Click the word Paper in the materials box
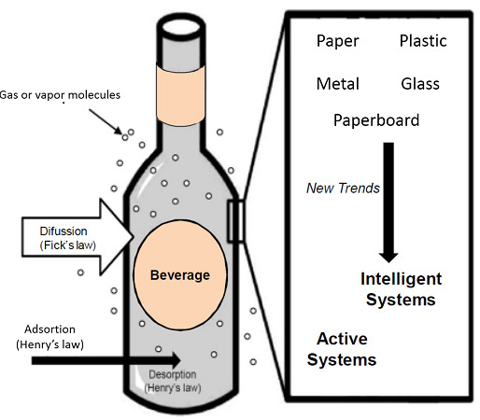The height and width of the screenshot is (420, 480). click(337, 41)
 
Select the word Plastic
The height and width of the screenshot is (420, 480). click(423, 41)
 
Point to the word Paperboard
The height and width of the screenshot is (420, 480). click(376, 120)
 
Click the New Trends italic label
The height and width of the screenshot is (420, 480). click(343, 188)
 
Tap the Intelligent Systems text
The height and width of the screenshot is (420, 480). click(402, 289)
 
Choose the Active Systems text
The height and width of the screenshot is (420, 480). click(346, 349)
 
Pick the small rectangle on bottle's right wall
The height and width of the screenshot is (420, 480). click(235, 221)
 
